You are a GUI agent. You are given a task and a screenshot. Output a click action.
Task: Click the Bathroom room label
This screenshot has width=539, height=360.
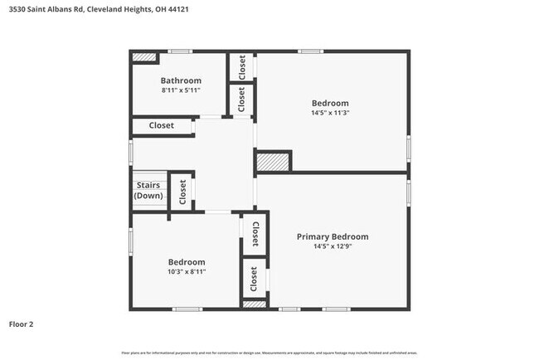pyautogui.click(x=180, y=80)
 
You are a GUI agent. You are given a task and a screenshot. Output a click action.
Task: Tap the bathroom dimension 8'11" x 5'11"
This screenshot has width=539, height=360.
pyautogui.click(x=180, y=90)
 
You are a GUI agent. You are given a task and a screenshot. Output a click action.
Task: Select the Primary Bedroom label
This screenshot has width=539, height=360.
pyautogui.click(x=333, y=236)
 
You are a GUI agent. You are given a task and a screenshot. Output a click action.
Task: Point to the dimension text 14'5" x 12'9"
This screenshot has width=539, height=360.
pyautogui.click(x=333, y=246)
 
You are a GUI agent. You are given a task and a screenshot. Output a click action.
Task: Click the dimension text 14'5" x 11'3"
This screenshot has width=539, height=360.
pyautogui.click(x=330, y=113)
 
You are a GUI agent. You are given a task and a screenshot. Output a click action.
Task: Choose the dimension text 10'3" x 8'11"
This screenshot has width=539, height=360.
pyautogui.click(x=186, y=271)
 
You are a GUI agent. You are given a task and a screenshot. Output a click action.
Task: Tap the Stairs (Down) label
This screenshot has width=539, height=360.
pyautogui.click(x=148, y=191)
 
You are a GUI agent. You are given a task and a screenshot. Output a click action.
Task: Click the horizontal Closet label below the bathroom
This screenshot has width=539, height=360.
pyautogui.click(x=161, y=125)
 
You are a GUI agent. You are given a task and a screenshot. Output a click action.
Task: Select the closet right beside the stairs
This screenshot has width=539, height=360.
pyautogui.click(x=182, y=191)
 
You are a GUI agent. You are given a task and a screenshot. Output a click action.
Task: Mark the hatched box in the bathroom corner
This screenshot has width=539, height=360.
pyautogui.click(x=145, y=57)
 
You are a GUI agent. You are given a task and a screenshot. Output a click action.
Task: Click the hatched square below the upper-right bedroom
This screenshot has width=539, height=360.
pyautogui.click(x=272, y=162)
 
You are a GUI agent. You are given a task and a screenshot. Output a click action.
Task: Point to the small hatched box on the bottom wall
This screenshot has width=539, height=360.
pyautogui.click(x=254, y=305)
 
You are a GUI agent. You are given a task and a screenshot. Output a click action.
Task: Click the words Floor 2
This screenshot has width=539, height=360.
pyautogui.click(x=22, y=324)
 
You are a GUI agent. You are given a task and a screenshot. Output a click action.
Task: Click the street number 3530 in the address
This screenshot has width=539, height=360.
pyautogui.click(x=16, y=9)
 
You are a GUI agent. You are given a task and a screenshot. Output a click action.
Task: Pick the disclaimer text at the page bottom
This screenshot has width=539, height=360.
pyautogui.click(x=269, y=353)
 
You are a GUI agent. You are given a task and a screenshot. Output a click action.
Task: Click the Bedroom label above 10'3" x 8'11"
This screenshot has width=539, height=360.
pyautogui.click(x=186, y=261)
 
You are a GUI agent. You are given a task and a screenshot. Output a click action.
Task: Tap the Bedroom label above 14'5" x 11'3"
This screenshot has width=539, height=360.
pyautogui.click(x=330, y=103)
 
